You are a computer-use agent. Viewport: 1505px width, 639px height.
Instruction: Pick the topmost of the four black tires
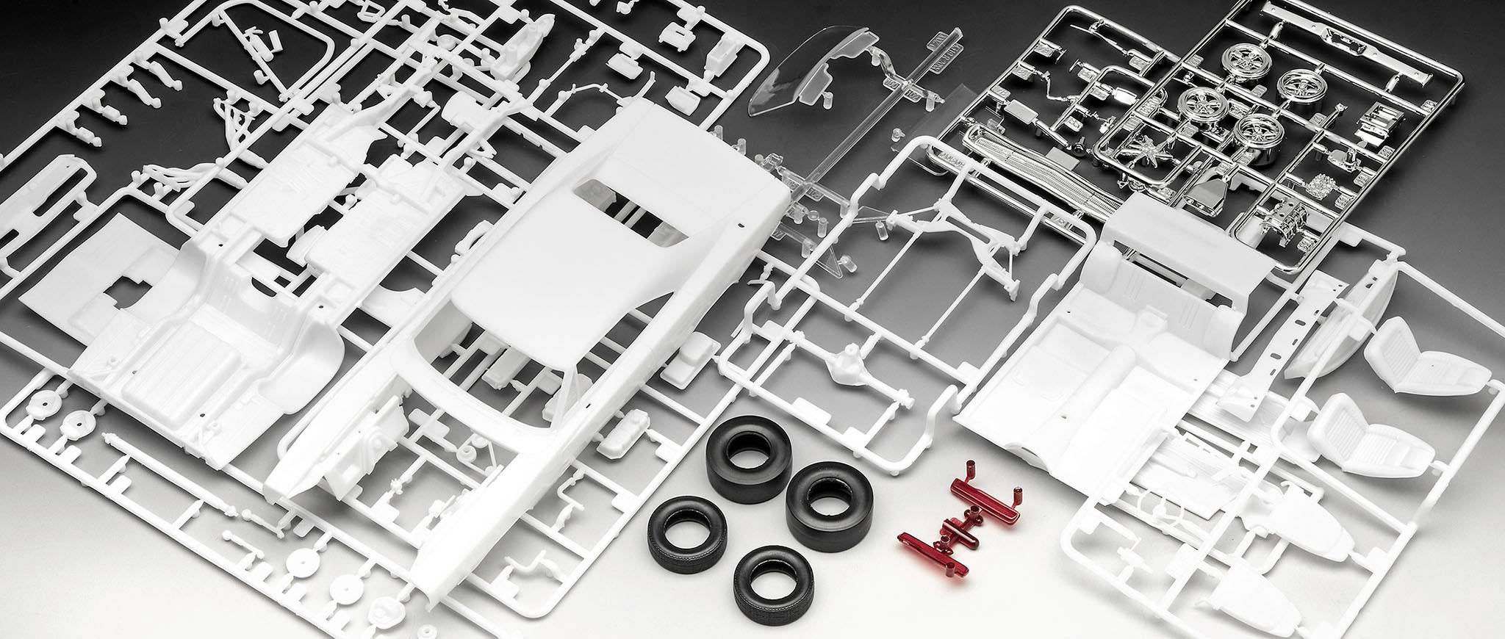742,450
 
